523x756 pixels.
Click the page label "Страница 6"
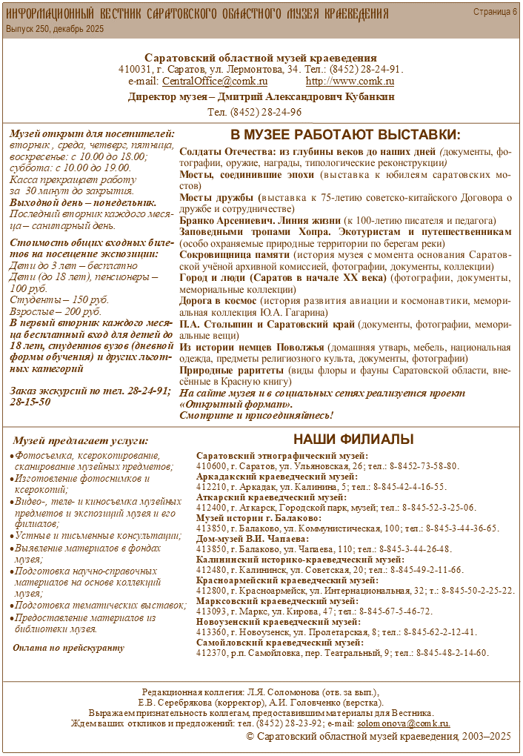[x=496, y=13]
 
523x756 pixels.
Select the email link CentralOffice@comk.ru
[x=215, y=82]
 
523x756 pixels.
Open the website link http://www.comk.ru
[x=350, y=82]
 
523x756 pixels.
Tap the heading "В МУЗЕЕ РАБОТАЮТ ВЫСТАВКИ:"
[x=345, y=136]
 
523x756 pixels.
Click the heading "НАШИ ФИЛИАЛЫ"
[x=353, y=439]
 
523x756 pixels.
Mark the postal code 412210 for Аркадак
[x=211, y=487]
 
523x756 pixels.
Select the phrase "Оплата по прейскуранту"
[x=69, y=648]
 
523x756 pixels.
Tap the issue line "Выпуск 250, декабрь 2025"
[x=55, y=29]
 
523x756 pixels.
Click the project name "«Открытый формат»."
[x=236, y=405]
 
